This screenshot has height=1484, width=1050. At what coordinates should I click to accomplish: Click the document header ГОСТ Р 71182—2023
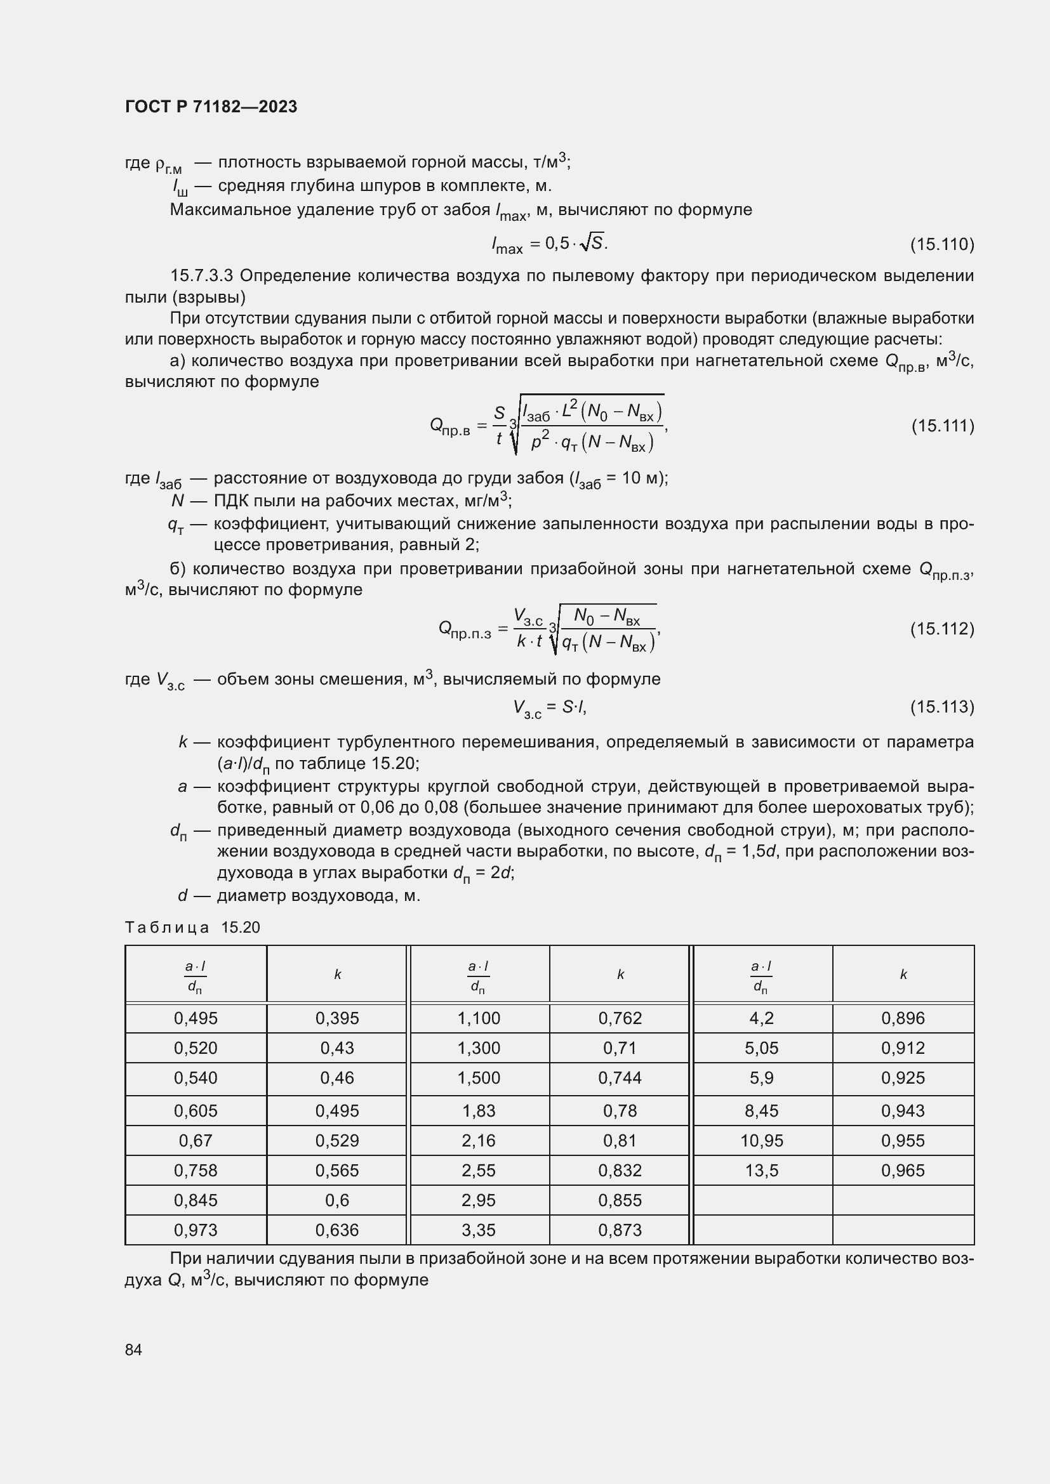pyautogui.click(x=211, y=107)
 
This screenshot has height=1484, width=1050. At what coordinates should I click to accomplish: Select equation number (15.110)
pyautogui.click(x=941, y=244)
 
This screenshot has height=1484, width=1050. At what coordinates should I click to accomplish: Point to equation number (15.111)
pyautogui.click(x=941, y=426)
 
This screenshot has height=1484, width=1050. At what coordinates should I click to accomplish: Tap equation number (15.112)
pyautogui.click(x=941, y=629)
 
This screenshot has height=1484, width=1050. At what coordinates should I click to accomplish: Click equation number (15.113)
pyautogui.click(x=941, y=707)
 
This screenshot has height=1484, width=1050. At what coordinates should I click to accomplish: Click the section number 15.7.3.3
pyautogui.click(x=201, y=276)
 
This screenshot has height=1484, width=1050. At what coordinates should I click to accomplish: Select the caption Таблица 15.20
pyautogui.click(x=192, y=928)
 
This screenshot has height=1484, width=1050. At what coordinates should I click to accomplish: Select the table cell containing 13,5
pyautogui.click(x=762, y=1171)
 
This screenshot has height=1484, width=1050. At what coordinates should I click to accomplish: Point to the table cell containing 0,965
pyautogui.click(x=903, y=1171)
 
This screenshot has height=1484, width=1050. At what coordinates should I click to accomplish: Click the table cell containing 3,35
pyautogui.click(x=479, y=1230)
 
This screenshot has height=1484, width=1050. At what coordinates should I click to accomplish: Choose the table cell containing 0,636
pyautogui.click(x=337, y=1230)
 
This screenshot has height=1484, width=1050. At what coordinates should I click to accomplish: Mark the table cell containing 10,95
pyautogui.click(x=762, y=1141)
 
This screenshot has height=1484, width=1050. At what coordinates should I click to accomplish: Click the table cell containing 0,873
pyautogui.click(x=620, y=1230)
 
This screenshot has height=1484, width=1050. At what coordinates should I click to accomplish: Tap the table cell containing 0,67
pyautogui.click(x=196, y=1141)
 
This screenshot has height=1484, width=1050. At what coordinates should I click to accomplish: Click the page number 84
pyautogui.click(x=133, y=1350)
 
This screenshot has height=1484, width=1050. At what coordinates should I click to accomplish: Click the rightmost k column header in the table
pyautogui.click(x=903, y=975)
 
